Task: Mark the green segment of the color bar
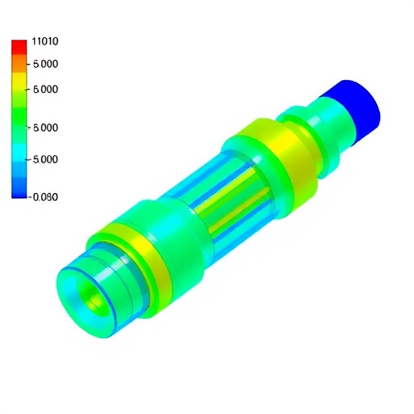19,121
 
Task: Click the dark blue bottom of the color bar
19,191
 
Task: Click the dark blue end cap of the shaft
356,109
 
